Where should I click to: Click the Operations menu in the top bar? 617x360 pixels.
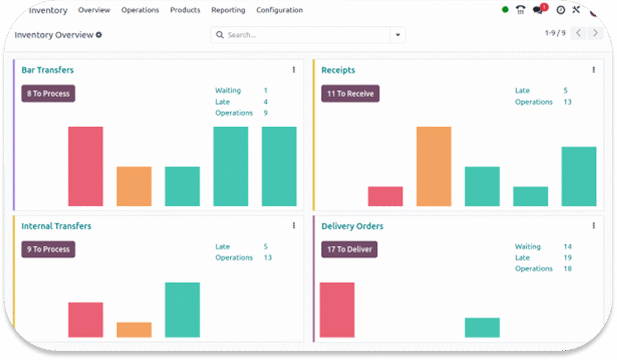click(x=140, y=10)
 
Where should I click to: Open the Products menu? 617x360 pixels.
click(x=185, y=10)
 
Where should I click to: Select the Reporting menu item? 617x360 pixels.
click(x=228, y=10)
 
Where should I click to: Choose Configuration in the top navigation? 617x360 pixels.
click(x=280, y=10)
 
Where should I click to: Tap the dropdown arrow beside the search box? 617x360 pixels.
click(x=398, y=35)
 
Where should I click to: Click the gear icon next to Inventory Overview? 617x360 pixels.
click(x=99, y=35)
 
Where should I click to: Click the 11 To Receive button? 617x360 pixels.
click(x=350, y=93)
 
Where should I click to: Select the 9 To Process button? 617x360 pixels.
click(x=48, y=249)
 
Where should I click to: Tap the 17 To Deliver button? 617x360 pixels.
click(x=349, y=249)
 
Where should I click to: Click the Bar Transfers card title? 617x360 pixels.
click(x=48, y=70)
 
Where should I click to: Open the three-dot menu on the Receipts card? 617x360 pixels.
click(x=594, y=70)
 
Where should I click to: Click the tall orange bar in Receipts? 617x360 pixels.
click(x=434, y=166)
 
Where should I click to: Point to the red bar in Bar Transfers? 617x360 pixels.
click(x=86, y=166)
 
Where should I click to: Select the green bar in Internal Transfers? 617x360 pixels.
click(x=182, y=309)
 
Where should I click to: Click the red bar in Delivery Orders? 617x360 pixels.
click(x=337, y=309)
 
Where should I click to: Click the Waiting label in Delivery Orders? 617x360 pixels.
click(x=528, y=247)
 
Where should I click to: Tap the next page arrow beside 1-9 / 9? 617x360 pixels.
click(x=595, y=33)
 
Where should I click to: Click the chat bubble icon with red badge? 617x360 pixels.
click(x=538, y=10)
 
